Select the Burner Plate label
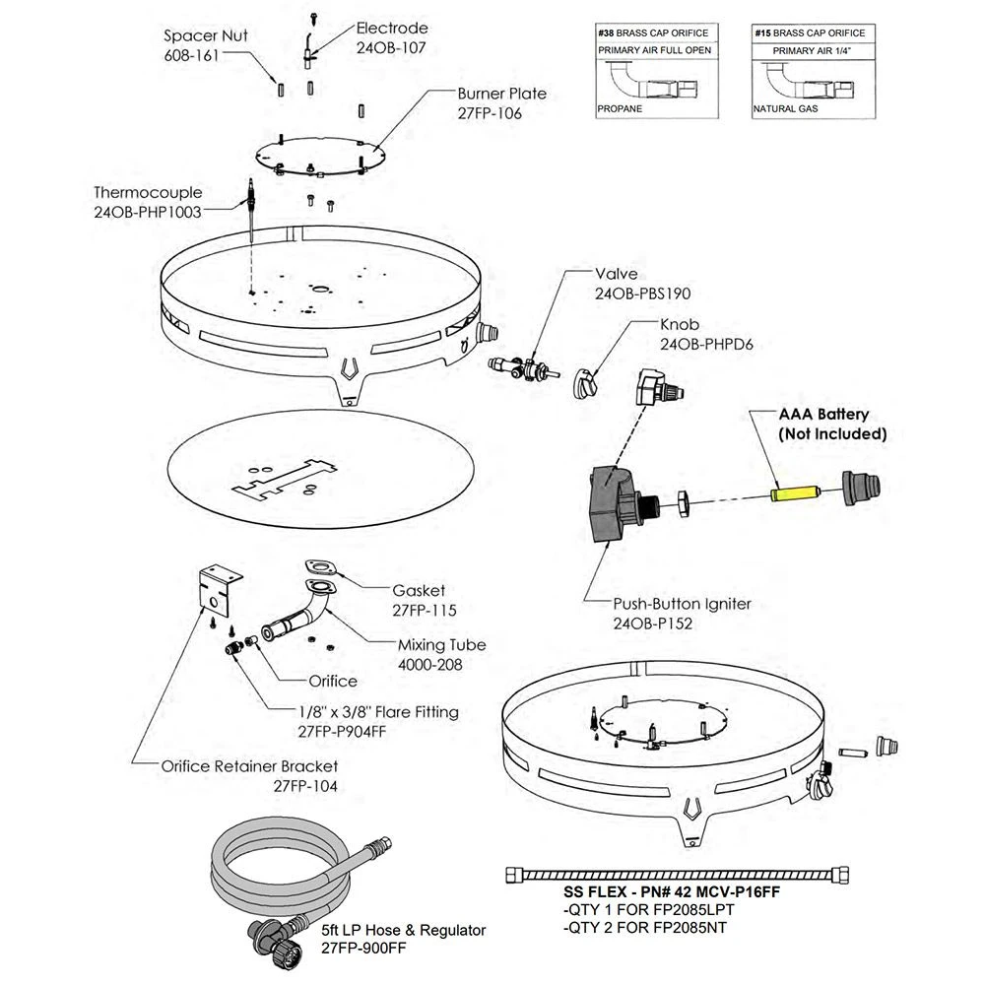pyautogui.click(x=501, y=95)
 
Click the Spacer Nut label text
pyautogui.click(x=205, y=36)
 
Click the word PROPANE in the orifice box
pyautogui.click(x=620, y=108)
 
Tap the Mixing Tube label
pyautogui.click(x=441, y=646)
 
